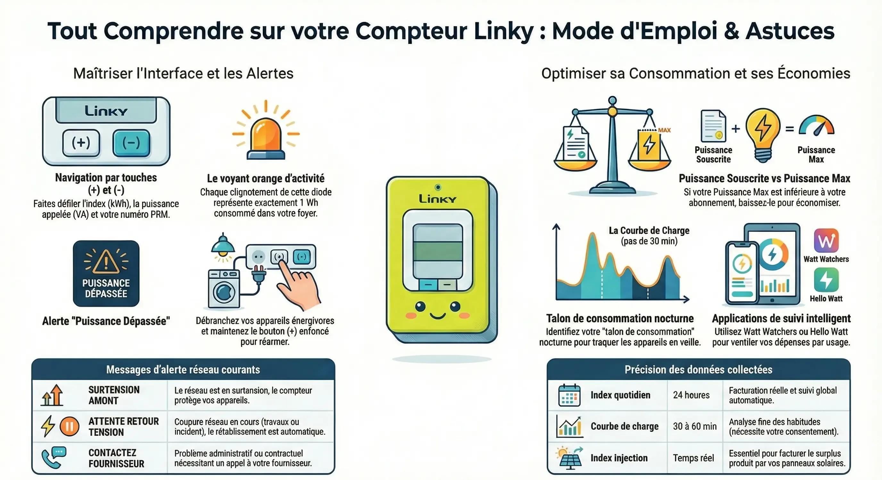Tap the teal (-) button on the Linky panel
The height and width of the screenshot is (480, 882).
tap(131, 143)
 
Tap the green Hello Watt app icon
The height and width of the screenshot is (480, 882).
tap(826, 280)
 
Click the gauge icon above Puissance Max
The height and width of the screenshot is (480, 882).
tap(817, 125)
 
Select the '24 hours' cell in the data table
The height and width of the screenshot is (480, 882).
tap(691, 395)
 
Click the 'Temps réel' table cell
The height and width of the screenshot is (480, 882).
tap(693, 458)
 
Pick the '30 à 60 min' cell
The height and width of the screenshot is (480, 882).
tap(695, 426)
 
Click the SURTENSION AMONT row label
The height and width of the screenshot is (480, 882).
tap(114, 395)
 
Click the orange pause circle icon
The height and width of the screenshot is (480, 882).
tap(70, 426)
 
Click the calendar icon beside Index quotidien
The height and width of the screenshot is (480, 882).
tap(569, 395)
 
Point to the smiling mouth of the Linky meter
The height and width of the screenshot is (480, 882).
tap(437, 315)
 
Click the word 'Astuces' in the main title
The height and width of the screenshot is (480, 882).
tap(790, 31)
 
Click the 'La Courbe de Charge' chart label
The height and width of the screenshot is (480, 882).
tap(649, 231)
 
